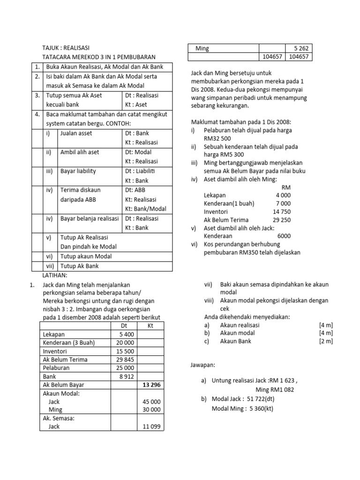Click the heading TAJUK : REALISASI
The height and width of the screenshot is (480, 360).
pos(66,48)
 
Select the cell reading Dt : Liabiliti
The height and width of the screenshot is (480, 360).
pos(143,171)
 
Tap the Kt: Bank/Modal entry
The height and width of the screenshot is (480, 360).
pos(145,209)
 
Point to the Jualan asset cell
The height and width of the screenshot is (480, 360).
pos(76,133)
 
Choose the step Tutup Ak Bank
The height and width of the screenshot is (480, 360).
pos(80,266)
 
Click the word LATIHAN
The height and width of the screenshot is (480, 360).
pos(55,275)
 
